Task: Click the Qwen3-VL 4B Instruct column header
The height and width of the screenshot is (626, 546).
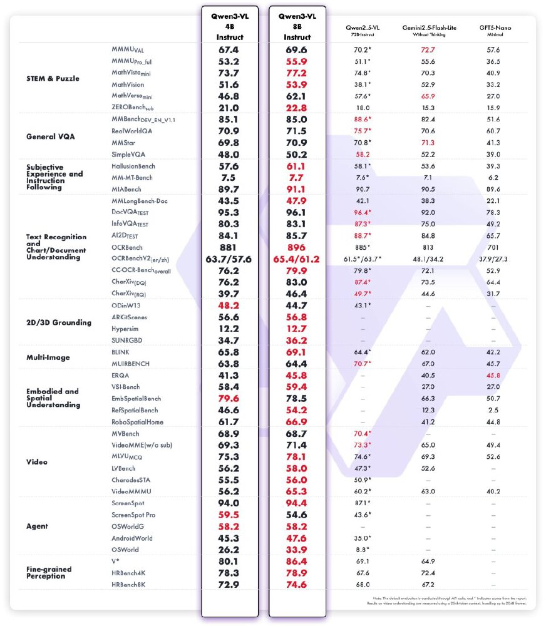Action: [x=229, y=28]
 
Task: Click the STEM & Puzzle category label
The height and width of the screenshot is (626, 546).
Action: [x=53, y=78]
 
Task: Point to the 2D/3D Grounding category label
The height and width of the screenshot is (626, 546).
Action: [x=59, y=322]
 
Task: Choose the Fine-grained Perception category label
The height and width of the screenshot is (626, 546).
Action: [x=49, y=572]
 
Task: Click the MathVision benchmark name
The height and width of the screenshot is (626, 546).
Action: [x=128, y=84]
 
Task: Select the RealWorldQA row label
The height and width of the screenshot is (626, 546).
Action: [x=132, y=131]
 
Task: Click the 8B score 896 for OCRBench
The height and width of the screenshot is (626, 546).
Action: [x=297, y=247]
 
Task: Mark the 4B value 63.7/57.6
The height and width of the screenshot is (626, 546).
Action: [x=229, y=259]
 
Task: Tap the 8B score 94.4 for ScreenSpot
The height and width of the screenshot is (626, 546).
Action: [x=297, y=503]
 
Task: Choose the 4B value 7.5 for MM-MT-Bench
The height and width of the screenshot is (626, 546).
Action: [x=229, y=178]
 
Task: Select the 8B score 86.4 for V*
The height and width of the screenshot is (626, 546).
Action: [x=297, y=562]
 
